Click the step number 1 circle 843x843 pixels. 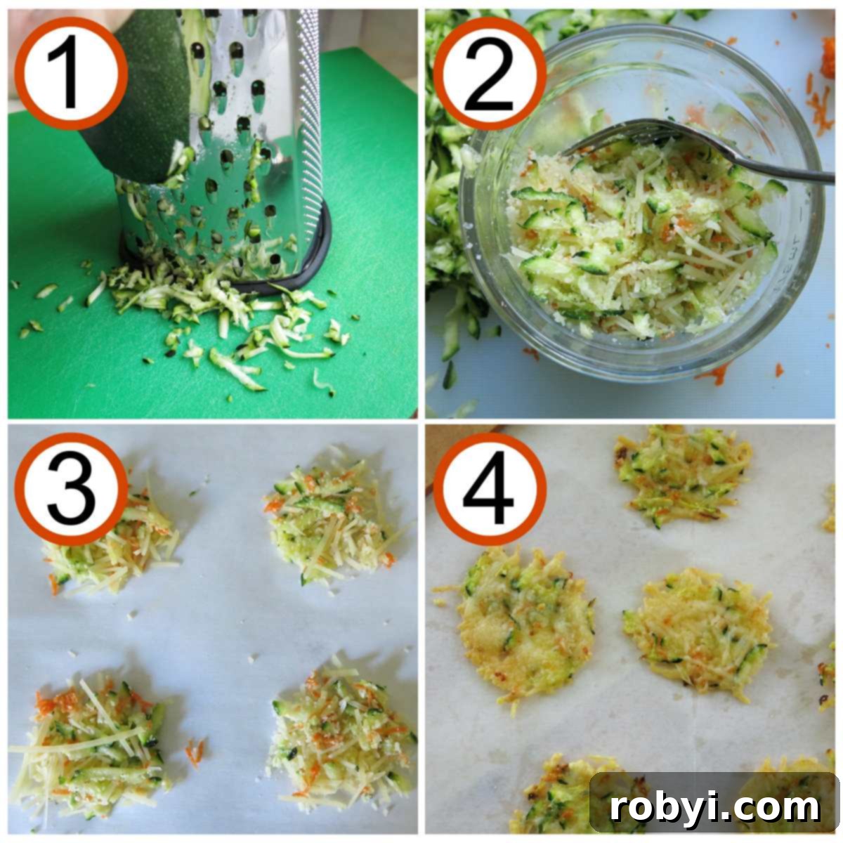[71, 73]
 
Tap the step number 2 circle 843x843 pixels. [490, 73]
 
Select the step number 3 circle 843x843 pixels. [71, 489]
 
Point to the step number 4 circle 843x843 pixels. [490, 489]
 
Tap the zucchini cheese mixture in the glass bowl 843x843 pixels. [632, 246]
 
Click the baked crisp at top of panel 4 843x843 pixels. [681, 474]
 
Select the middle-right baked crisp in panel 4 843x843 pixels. [695, 632]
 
